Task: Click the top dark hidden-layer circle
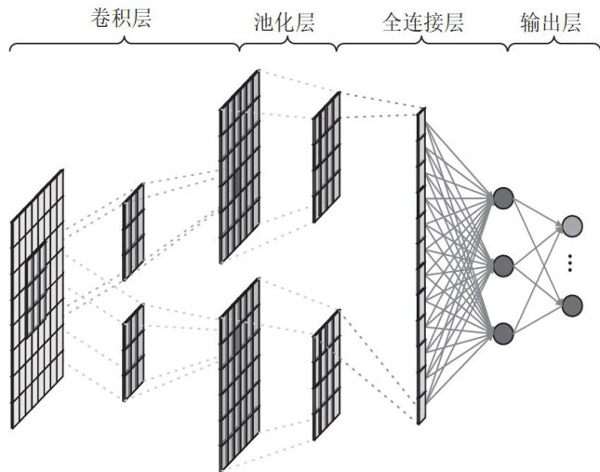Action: point(503,197)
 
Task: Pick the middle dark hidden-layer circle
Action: point(503,265)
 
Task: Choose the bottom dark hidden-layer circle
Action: point(503,332)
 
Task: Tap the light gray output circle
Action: point(572,224)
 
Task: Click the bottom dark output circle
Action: point(572,304)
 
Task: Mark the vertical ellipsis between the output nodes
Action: point(572,264)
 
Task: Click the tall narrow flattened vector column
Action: point(420,266)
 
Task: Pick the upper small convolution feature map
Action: point(133,232)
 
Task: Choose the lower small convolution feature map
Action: point(133,352)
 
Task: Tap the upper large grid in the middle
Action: point(239,167)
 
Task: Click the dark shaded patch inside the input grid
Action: point(36,275)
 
